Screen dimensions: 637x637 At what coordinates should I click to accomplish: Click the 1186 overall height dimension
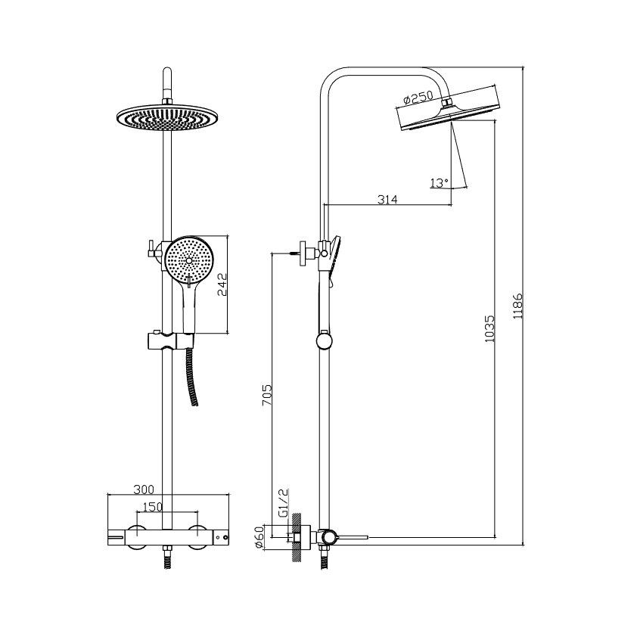coord(518,305)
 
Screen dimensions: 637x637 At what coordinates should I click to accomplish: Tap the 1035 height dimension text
coord(490,328)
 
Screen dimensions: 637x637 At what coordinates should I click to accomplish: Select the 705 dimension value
coord(266,394)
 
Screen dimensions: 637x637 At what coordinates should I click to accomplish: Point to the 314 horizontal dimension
coord(387,199)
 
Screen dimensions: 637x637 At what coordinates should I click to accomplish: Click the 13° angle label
coord(439,183)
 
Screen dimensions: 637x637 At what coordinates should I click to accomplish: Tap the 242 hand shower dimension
coord(222,284)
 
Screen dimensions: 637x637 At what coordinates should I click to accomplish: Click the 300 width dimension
coord(144,489)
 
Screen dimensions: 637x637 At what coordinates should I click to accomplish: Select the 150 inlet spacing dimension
coord(152,507)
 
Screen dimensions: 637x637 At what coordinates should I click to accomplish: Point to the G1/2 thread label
coord(284,502)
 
